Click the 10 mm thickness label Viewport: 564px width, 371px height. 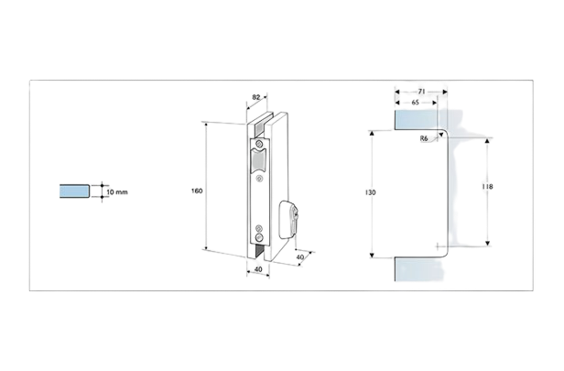point(117,191)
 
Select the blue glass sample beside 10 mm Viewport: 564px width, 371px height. point(74,191)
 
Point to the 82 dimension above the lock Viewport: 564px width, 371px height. point(256,97)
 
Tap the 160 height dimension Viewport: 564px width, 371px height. point(197,191)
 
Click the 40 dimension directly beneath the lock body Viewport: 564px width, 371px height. point(258,269)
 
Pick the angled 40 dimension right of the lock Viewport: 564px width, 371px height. point(300,256)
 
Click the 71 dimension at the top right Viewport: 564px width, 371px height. point(421,92)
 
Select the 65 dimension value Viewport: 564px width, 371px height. point(415,103)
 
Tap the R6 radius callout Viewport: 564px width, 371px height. point(424,138)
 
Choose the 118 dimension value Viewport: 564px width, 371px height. point(487,186)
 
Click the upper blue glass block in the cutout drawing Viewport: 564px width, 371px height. point(417,120)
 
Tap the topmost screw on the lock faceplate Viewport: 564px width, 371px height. point(259,145)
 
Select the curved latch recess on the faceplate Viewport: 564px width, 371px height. point(258,160)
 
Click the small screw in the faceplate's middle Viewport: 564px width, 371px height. point(259,178)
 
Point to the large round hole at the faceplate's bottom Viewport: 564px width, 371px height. point(259,237)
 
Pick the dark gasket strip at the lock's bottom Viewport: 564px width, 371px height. point(259,251)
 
